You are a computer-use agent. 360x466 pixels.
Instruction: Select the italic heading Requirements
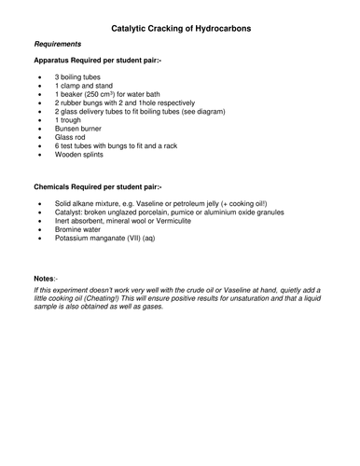tap(58, 45)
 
